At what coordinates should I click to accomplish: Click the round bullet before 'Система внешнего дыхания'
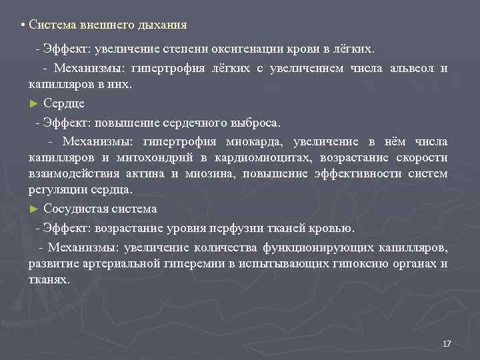(22, 25)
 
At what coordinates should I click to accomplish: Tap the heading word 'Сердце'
(64, 103)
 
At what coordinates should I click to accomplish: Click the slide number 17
(447, 343)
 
